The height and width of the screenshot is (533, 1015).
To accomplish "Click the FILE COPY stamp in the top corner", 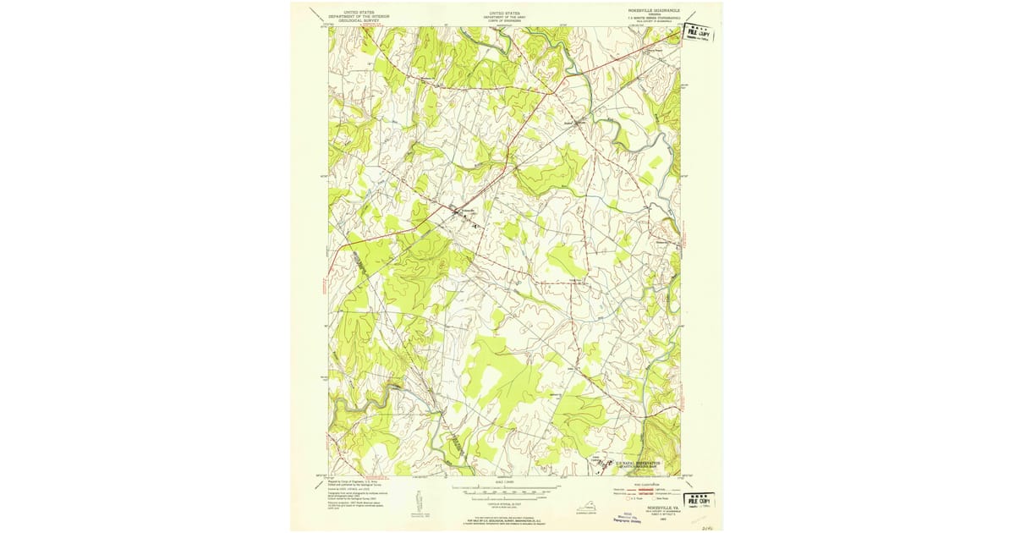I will [x=699, y=34].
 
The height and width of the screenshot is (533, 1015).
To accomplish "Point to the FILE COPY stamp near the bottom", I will [x=698, y=501].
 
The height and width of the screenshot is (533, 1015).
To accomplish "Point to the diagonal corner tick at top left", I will [x=315, y=15].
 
